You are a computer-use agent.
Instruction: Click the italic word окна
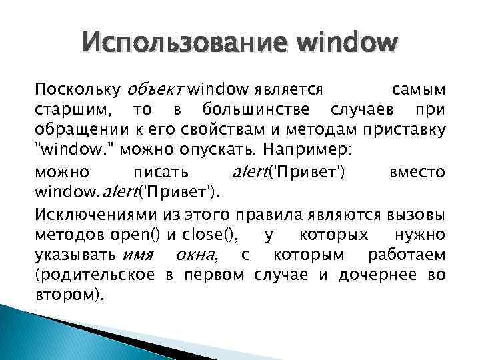[x=195, y=255]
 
